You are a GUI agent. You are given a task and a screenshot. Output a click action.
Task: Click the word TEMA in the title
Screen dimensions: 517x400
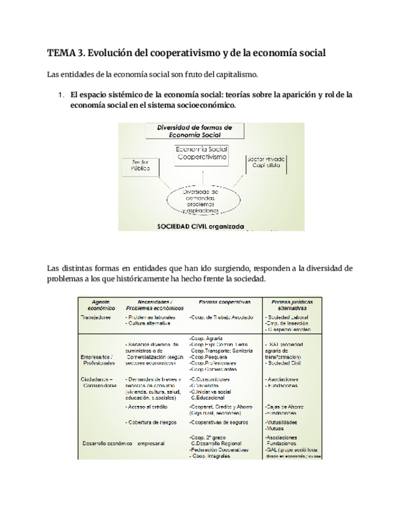60,53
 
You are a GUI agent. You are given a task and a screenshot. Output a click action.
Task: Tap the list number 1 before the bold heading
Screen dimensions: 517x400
60,95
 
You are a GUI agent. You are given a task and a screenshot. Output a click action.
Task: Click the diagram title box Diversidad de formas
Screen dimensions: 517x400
194,131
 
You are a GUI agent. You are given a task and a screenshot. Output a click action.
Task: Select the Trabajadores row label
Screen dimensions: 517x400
96,318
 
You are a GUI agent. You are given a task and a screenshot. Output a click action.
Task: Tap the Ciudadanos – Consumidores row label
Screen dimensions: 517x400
98,382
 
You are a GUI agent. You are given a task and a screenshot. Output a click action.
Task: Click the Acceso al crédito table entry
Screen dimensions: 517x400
147,406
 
